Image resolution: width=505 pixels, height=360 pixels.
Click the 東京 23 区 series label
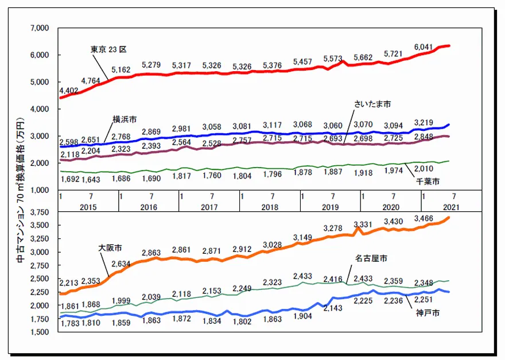click(108, 49)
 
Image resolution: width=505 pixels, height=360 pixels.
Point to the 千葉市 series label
click(428, 181)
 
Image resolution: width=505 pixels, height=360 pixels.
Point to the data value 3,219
click(424, 122)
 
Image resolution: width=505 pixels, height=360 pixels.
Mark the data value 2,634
click(123, 265)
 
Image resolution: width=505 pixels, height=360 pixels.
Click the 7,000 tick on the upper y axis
click(40, 28)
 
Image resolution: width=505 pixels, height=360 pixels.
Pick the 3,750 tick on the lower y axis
click(40, 212)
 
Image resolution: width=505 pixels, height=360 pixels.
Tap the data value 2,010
click(424, 168)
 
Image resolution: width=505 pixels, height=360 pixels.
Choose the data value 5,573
click(333, 59)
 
